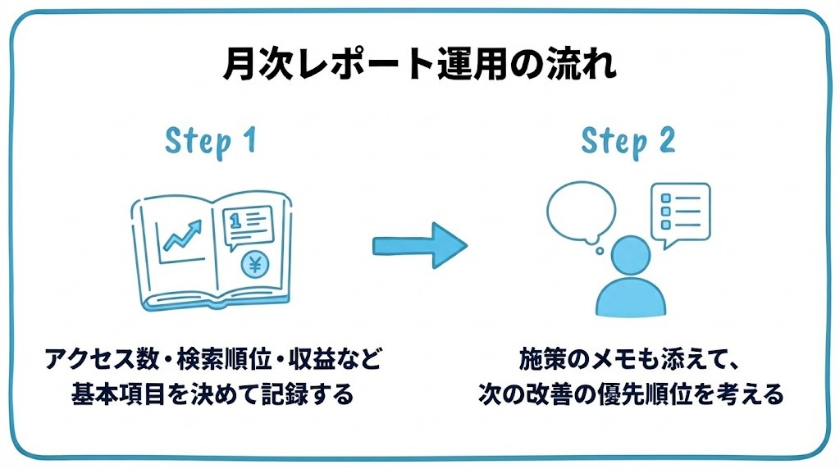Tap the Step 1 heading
coord(211,142)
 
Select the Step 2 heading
coord(628,142)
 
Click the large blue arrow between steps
coord(419,246)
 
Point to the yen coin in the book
coord(255,265)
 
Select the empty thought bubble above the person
coord(582,212)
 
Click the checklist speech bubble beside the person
coord(680,214)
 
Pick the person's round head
coord(631,256)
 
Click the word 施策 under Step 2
coord(542,358)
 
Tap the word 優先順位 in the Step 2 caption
coord(645,394)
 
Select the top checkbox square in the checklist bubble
coord(666,198)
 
